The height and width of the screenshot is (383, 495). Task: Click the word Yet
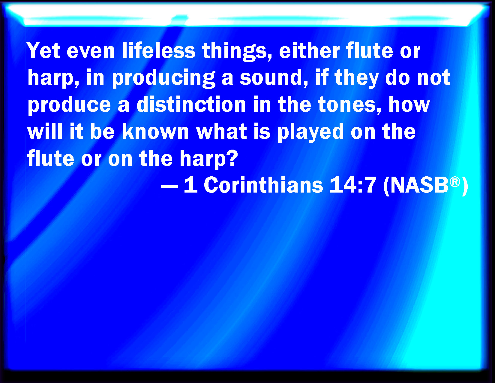coord(43,50)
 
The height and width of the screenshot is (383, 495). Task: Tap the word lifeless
coord(159,50)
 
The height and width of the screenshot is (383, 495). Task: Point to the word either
coord(309,50)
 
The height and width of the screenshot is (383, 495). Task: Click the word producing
coord(163,78)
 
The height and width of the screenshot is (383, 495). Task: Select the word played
coord(310,132)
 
